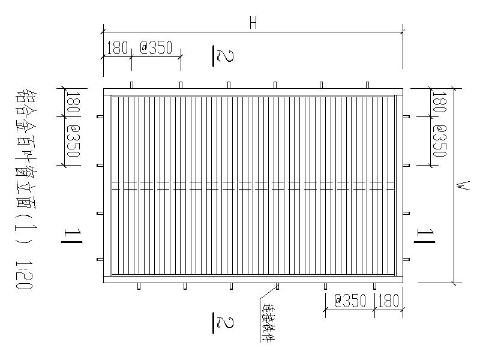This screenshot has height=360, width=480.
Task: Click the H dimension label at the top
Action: (x=253, y=23)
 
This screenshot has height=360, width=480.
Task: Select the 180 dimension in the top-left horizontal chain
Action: (x=118, y=48)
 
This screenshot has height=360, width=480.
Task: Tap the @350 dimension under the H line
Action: (x=156, y=48)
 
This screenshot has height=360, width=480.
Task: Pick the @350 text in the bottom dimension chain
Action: (x=350, y=301)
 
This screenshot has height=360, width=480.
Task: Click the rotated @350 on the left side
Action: (x=73, y=141)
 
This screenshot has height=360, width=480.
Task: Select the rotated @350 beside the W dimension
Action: (x=439, y=141)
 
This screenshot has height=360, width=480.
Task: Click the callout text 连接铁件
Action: (x=268, y=320)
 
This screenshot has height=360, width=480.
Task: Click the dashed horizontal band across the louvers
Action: (x=253, y=186)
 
